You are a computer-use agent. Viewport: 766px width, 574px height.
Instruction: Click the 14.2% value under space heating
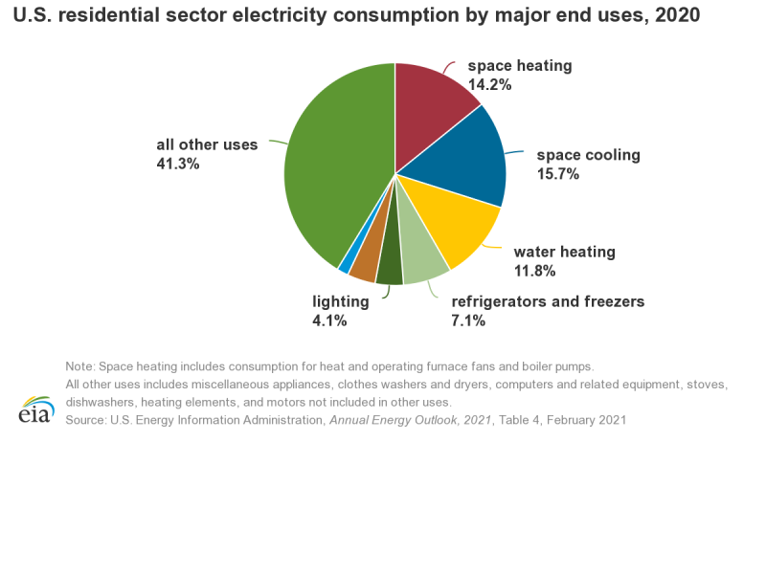tap(489, 84)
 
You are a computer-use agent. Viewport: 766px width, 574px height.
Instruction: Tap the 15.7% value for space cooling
tap(558, 173)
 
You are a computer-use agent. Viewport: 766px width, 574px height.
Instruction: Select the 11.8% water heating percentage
tap(535, 271)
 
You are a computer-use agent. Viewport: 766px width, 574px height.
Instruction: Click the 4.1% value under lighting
tap(329, 320)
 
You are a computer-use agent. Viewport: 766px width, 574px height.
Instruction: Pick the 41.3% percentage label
tap(178, 164)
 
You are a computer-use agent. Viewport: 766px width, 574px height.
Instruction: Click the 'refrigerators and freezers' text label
tap(548, 301)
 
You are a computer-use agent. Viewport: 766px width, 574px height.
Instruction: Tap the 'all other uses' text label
tap(207, 144)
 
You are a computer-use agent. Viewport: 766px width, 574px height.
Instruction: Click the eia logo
tap(35, 408)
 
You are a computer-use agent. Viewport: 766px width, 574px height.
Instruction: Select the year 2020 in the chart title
tap(678, 15)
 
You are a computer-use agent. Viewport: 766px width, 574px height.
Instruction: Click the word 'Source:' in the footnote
tap(87, 420)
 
